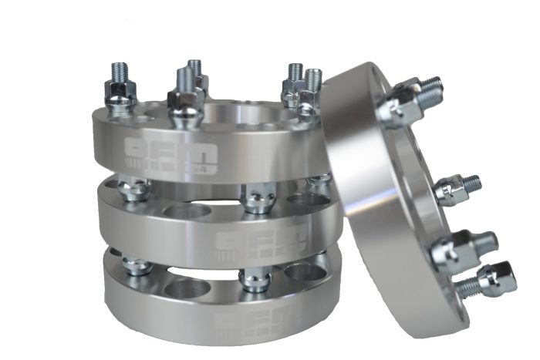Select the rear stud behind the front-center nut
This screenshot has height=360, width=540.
coord(194,72)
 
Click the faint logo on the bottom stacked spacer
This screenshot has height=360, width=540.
coord(246,320)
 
